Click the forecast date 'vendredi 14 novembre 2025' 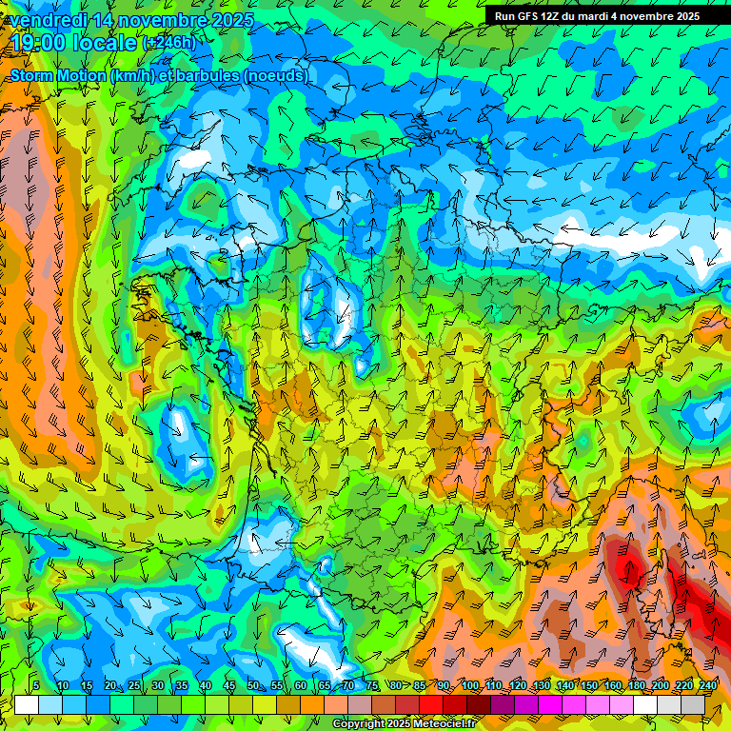pyautogui.click(x=131, y=20)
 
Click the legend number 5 pyautogui.click(x=36, y=686)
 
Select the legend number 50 pyautogui.click(x=252, y=686)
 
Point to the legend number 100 pyautogui.click(x=470, y=686)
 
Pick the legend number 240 pyautogui.click(x=707, y=686)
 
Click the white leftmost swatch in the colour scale pyautogui.click(x=27, y=704)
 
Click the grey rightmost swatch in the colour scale pyautogui.click(x=693, y=704)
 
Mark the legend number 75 pyautogui.click(x=371, y=686)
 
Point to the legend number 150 pyautogui.click(x=589, y=686)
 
